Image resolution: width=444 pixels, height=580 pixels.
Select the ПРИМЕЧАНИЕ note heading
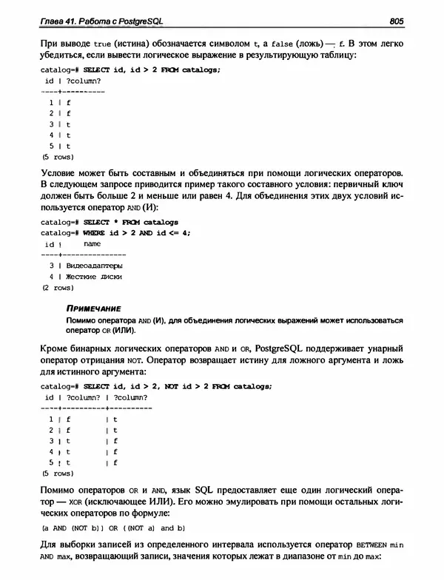[93, 308]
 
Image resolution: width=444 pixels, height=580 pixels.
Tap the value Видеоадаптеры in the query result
[94, 264]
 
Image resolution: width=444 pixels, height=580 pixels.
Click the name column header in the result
[92, 243]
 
